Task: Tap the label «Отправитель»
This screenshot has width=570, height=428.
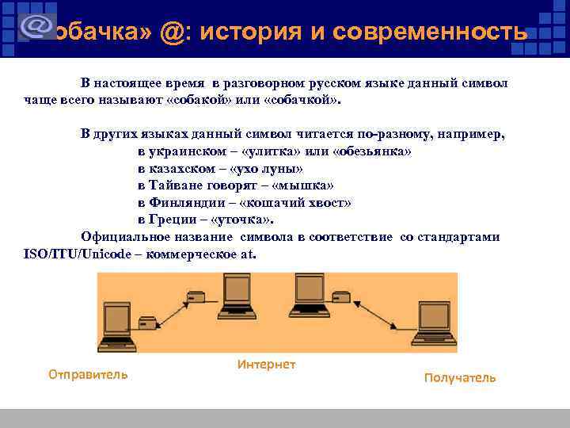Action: click(88, 374)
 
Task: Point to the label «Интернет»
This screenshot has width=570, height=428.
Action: click(266, 365)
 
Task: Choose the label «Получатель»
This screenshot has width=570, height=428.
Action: click(460, 378)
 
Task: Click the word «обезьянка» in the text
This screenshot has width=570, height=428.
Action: click(372, 151)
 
